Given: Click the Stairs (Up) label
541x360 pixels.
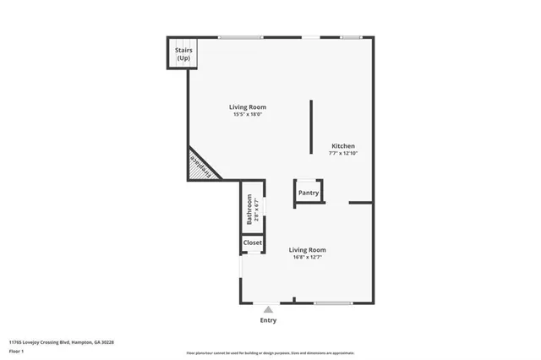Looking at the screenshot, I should pos(183,54).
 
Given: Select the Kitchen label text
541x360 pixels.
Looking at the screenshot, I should pos(342,146).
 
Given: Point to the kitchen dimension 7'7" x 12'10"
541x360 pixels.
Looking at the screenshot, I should pos(342,154).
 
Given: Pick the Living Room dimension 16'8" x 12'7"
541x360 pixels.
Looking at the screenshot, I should pos(307,257).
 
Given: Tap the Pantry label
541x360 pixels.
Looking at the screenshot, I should pos(309,193).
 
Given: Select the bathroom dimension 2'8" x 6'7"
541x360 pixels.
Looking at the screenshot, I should pos(256,209).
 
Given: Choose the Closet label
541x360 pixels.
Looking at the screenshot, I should pos(253,243).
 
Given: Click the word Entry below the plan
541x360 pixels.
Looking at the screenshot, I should pos(268,320).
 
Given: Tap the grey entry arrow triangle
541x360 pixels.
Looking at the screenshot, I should pos(268,310).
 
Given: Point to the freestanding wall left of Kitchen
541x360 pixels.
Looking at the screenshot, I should pos(310,127).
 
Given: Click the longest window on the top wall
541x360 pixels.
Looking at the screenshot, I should pos(240,36).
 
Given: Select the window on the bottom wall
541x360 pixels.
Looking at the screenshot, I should pos(333,303).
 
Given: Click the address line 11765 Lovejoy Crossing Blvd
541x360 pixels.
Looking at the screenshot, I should pos(62,342).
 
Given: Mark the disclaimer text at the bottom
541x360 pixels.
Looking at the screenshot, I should pos(270,352).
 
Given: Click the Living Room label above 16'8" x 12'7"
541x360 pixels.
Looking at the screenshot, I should pos(307,249).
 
